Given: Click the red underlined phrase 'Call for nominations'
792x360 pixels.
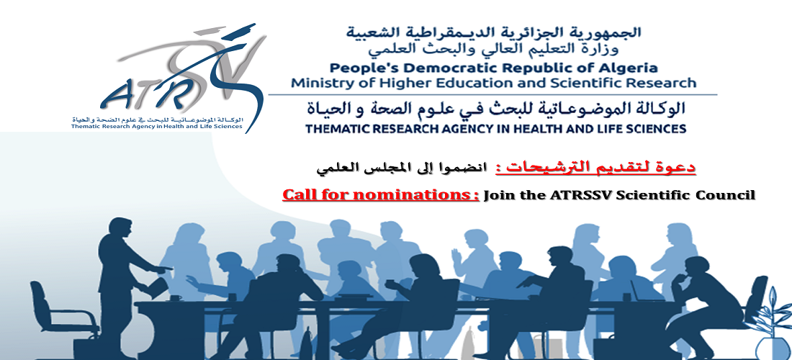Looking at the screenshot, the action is tap(380, 195).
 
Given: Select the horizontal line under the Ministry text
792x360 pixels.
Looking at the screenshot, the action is tap(492, 94).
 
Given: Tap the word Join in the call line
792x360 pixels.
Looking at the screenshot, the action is tap(498, 195).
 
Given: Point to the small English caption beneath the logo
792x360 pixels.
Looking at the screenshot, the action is tap(157, 126).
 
